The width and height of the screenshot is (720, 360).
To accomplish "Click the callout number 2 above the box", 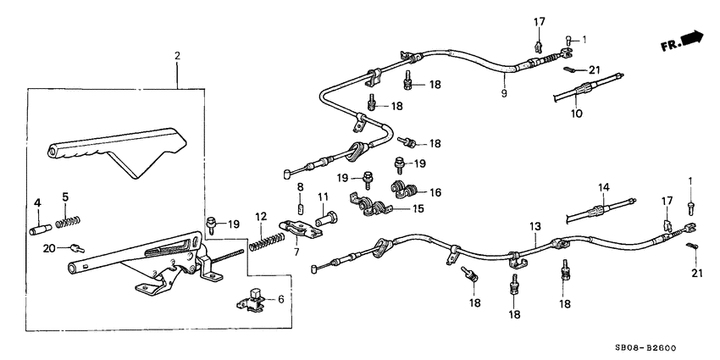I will (x=177, y=56).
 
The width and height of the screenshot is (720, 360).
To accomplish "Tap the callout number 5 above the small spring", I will (x=65, y=197).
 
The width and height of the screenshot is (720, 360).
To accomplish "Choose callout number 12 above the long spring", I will (x=262, y=216).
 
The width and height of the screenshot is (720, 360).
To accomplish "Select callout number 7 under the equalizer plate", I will (x=296, y=252).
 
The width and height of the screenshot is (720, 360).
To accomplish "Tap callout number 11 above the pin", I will (x=323, y=197).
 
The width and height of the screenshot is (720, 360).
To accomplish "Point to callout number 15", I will (x=417, y=208).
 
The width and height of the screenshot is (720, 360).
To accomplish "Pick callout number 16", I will (x=435, y=192).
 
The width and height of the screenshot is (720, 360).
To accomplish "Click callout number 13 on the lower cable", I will (x=534, y=226).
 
